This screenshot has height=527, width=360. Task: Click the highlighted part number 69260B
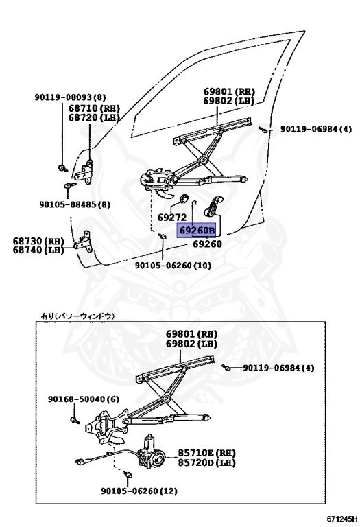coord(197,231)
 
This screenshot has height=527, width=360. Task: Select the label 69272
coord(171,218)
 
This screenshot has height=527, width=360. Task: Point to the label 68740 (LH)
coord(38,251)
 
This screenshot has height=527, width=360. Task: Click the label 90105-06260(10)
coord(173,265)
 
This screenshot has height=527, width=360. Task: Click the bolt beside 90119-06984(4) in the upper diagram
coord(263,129)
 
